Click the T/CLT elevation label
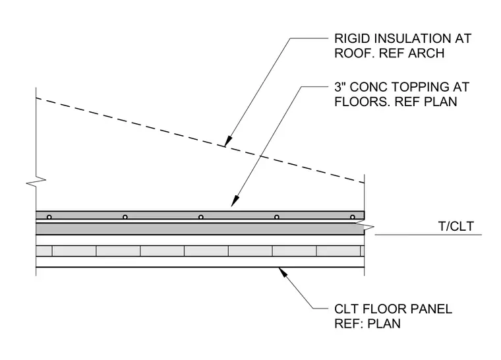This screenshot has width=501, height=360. pyautogui.click(x=456, y=226)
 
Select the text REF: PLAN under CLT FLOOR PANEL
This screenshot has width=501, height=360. pyautogui.click(x=367, y=324)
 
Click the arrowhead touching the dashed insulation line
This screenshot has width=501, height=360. pyautogui.click(x=228, y=141)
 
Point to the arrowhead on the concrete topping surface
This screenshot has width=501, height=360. pyautogui.click(x=235, y=201)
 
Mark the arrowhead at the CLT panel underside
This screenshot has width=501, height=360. pyautogui.click(x=283, y=273)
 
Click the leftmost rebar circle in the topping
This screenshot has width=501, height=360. pyautogui.click(x=49, y=217)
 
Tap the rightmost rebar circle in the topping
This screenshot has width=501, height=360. pyautogui.click(x=353, y=217)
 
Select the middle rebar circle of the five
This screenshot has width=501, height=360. pyautogui.click(x=200, y=217)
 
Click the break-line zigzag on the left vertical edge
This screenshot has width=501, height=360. pyautogui.click(x=36, y=181)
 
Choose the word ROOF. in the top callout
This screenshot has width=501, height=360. pyautogui.click(x=355, y=53)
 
